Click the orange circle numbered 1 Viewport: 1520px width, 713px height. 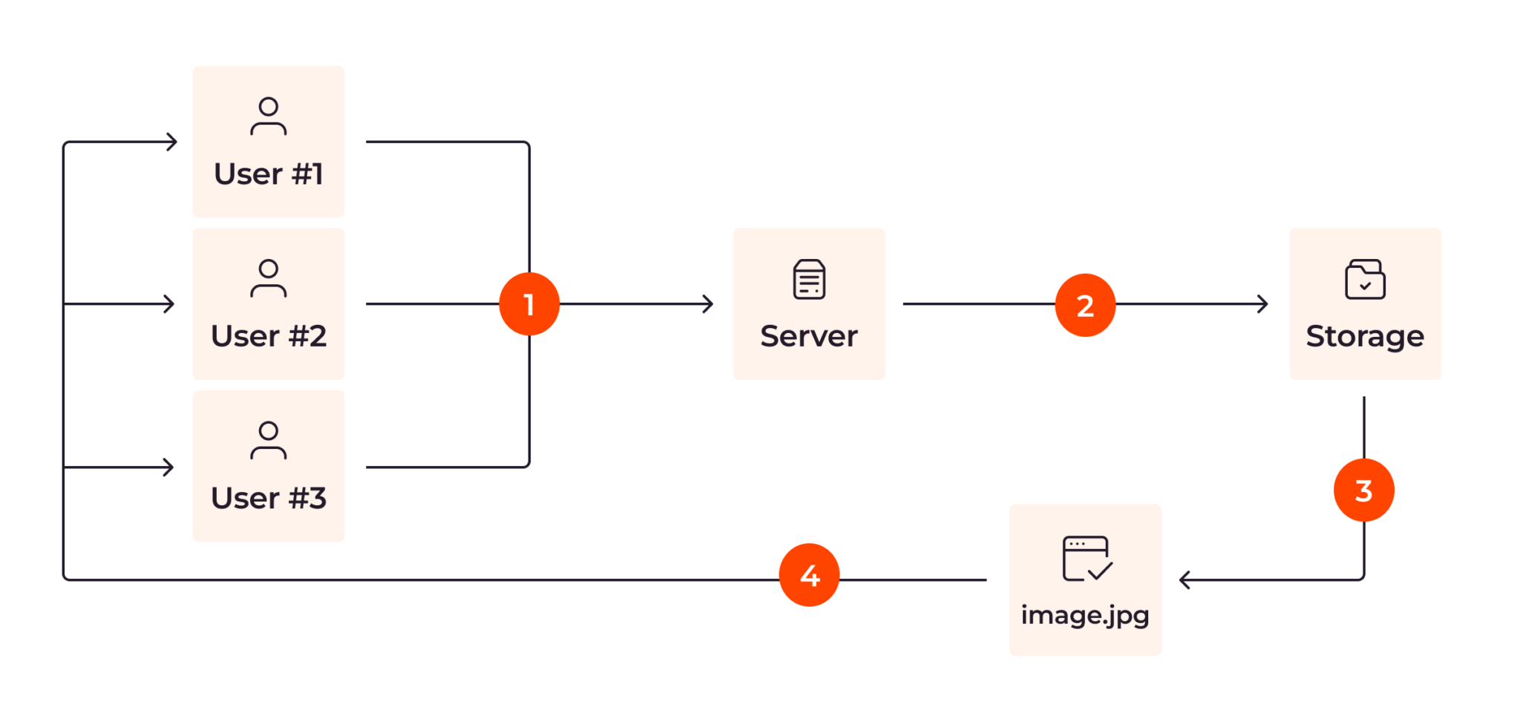coord(529,304)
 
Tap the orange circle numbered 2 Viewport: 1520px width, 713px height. coord(1085,305)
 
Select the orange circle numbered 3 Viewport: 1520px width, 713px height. coord(1363,490)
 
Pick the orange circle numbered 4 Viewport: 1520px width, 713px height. coord(809,575)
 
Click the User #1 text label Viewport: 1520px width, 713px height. coord(269,174)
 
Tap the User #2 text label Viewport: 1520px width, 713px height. coord(269,336)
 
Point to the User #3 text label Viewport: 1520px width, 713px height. coord(269,498)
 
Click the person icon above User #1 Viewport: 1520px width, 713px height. coord(269,116)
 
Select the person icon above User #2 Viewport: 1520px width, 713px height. coord(269,278)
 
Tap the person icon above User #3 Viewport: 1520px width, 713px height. coord(269,441)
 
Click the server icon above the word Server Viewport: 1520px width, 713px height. coord(809,279)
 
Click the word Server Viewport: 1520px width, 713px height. coord(809,336)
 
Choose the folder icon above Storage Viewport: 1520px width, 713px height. coord(1365,279)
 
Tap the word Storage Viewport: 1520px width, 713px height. coord(1365,336)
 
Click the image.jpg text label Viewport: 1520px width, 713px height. coord(1085,615)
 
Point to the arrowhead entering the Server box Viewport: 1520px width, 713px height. coord(708,303)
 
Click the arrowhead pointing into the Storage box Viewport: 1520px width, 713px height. coord(1262,303)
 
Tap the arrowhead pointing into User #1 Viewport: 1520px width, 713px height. coord(172,142)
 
